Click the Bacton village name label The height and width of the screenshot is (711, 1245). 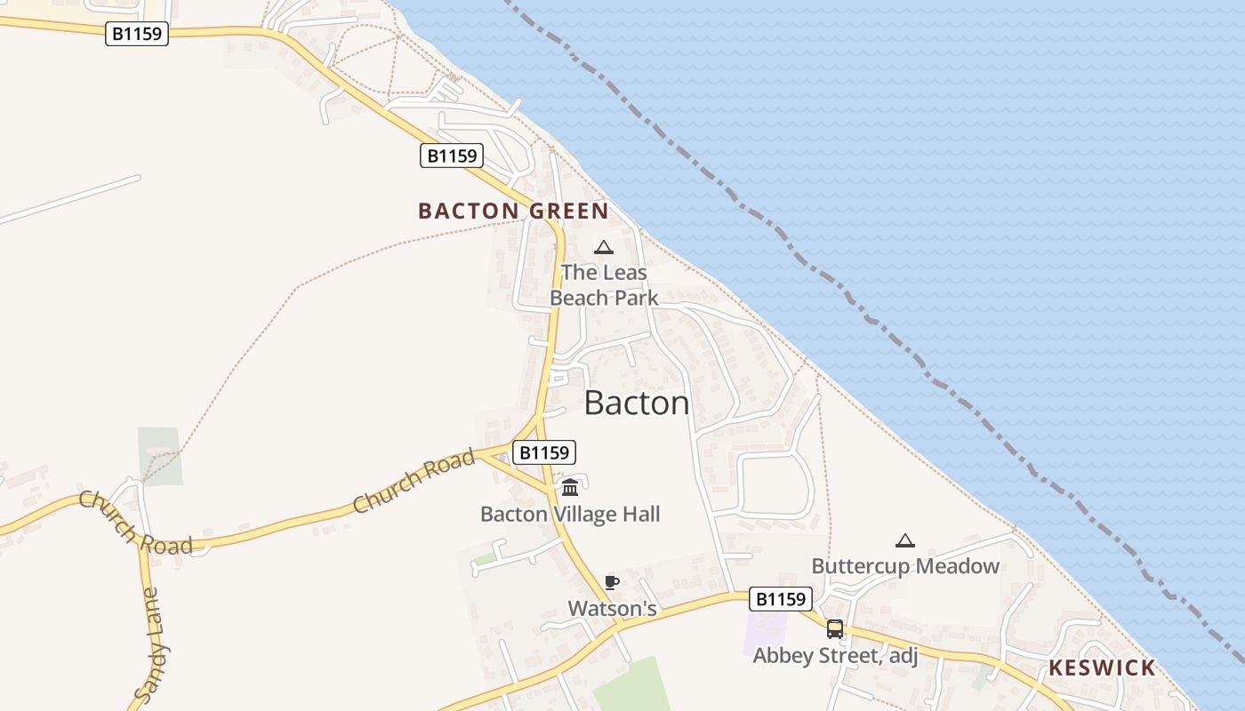tap(637, 403)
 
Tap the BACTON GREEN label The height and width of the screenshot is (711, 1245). tap(513, 212)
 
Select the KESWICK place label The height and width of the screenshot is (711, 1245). tap(1102, 668)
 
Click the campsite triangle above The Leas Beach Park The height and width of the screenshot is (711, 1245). tap(604, 247)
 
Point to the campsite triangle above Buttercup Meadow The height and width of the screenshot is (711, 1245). tap(904, 540)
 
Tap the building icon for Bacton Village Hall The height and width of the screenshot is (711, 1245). tap(570, 487)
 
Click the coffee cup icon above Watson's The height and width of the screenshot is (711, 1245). tap(612, 583)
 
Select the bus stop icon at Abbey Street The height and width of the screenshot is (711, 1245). tap(835, 629)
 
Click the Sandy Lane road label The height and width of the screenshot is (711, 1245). tap(152, 644)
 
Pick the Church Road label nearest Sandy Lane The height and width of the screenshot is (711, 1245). tap(134, 523)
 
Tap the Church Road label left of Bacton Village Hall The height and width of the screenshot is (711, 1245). tap(414, 483)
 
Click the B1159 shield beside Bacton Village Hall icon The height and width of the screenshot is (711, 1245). tap(544, 452)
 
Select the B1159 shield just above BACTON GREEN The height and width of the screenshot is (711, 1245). tap(451, 156)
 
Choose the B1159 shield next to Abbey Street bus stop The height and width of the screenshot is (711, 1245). tap(781, 599)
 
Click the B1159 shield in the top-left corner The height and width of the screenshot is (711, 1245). tap(137, 34)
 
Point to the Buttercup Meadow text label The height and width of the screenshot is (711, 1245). tap(905, 566)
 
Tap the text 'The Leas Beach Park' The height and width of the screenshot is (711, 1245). tap(604, 285)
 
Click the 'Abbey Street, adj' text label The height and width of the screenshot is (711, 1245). tap(835, 656)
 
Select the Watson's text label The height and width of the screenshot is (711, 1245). tap(612, 609)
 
